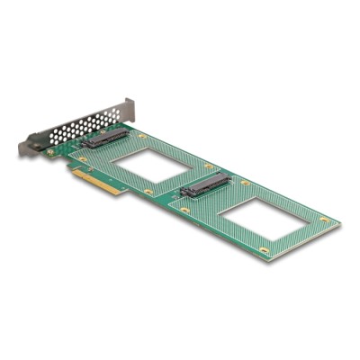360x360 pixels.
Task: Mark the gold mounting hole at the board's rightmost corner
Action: click(x=325, y=220)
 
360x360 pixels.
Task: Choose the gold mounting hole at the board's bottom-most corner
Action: click(x=264, y=249)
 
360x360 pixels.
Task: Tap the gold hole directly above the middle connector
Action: click(x=210, y=167)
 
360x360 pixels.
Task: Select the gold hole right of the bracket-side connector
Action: click(x=141, y=137)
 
